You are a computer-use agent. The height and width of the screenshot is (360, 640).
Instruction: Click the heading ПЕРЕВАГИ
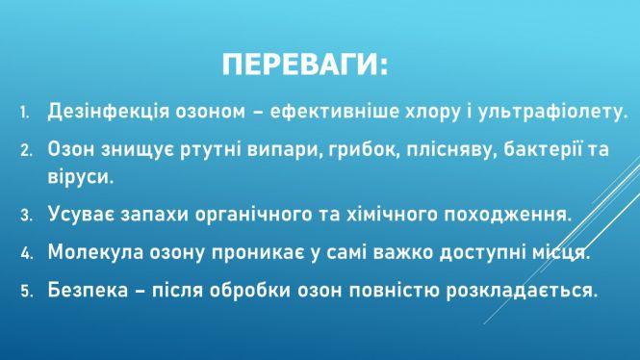[305, 66]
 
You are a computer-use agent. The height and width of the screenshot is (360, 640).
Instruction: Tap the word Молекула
[94, 253]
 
